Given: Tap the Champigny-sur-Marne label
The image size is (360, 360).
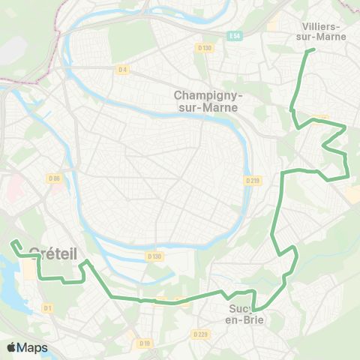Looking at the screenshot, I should click(206, 101).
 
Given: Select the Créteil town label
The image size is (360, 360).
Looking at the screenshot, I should click(53, 253).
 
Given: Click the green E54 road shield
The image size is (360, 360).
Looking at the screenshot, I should click(234, 36).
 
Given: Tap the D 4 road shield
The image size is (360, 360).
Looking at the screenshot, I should click(123, 70).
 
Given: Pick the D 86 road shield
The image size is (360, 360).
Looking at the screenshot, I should click(53, 178).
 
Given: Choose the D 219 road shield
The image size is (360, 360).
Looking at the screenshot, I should click(253, 180).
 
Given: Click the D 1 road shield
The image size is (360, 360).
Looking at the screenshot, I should click(48, 307).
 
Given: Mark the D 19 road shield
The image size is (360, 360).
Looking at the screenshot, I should click(144, 343).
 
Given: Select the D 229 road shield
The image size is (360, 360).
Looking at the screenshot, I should click(199, 334).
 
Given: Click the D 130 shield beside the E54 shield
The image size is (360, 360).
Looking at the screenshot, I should click(205, 48).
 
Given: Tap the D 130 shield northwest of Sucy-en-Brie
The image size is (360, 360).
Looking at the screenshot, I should click(154, 256).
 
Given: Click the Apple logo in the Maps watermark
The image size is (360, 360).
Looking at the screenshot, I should click(11, 348).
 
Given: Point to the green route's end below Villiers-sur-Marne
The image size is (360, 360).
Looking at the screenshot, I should click(313, 49).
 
